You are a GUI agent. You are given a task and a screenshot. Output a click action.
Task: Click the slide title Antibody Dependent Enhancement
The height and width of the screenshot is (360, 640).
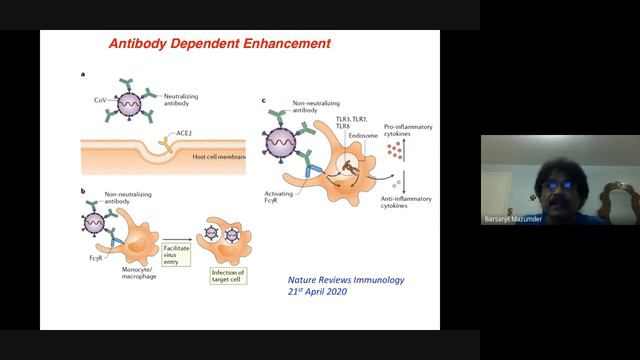coord(220,44)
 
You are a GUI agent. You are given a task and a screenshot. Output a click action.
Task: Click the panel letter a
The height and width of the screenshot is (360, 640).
coord(83,75)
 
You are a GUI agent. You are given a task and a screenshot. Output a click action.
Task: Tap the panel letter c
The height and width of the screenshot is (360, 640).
coord(263,100)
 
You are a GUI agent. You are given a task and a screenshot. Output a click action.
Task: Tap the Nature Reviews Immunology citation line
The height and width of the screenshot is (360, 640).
coord(332,280)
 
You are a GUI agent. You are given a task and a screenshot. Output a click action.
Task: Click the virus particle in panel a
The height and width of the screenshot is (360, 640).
coord(127,103)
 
